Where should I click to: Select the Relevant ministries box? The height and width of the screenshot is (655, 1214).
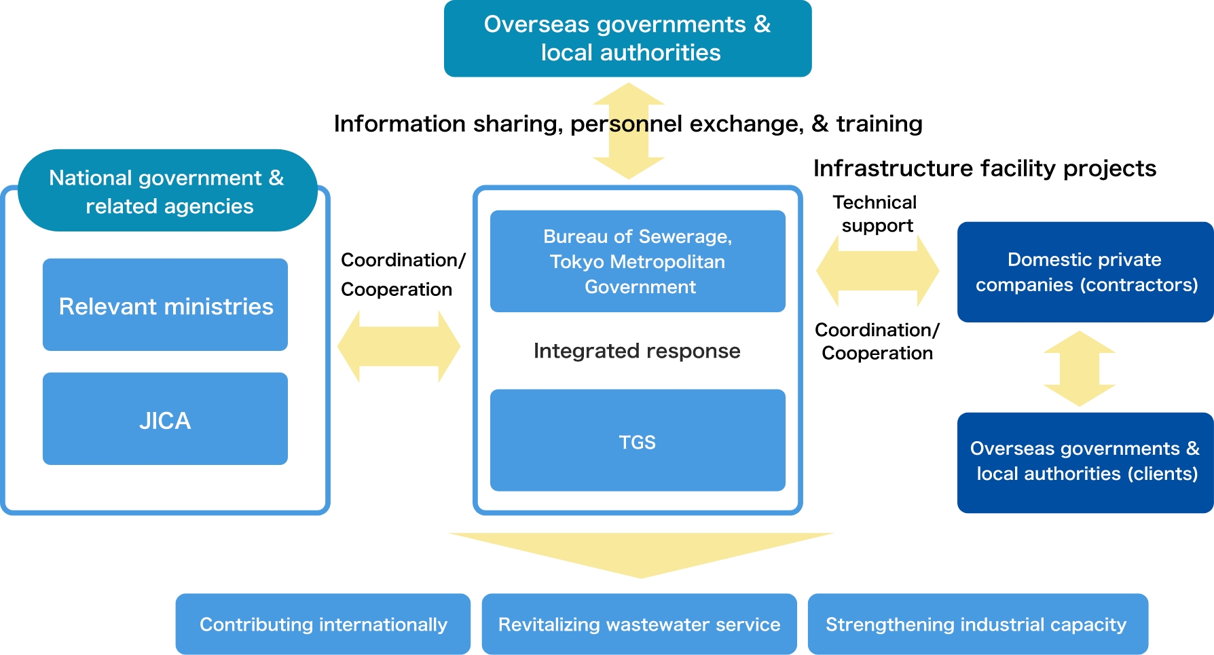point(165,305)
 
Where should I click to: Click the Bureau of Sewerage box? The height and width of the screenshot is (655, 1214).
point(638,261)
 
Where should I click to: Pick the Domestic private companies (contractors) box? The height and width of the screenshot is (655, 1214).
point(1085,272)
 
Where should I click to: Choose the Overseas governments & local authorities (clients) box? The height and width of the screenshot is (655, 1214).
point(1085,462)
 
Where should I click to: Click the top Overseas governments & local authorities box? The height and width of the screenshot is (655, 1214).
point(627,39)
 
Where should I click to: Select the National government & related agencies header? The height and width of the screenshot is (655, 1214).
point(167,191)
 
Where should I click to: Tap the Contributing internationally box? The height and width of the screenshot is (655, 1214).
point(323,624)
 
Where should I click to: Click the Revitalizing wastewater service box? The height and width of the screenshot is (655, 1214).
point(639,624)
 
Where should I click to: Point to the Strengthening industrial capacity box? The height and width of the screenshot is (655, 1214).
point(977,624)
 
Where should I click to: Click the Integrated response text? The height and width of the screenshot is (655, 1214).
point(637,351)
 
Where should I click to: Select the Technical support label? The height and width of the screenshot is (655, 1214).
point(876,214)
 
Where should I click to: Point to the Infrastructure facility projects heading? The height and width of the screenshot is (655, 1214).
point(985,168)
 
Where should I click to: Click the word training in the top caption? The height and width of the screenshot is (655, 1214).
point(879,124)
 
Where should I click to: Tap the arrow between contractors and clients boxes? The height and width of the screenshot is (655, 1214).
point(1079,369)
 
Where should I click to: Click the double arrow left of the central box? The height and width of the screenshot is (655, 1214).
point(399,346)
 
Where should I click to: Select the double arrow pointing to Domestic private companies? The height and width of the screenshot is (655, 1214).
point(877,271)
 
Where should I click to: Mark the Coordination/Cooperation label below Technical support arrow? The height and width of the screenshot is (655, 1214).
point(877,341)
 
